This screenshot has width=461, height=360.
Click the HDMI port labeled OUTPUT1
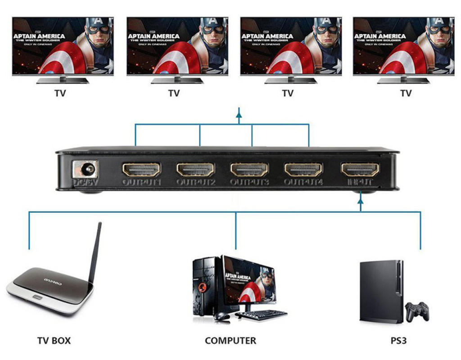[x=141, y=169]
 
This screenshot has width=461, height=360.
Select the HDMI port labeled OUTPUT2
[x=195, y=169]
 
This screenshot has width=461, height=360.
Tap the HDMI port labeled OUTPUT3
[x=249, y=169]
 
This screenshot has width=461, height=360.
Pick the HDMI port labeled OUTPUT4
[x=303, y=169]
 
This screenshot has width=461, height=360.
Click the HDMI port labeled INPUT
[x=360, y=169]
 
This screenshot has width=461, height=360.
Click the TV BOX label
[x=54, y=340]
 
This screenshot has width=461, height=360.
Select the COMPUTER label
[x=230, y=341]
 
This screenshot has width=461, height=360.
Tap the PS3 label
[x=398, y=340]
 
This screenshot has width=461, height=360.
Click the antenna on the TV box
[x=95, y=252]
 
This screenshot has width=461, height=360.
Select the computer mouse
[x=222, y=317]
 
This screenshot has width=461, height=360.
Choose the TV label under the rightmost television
[x=406, y=93]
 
